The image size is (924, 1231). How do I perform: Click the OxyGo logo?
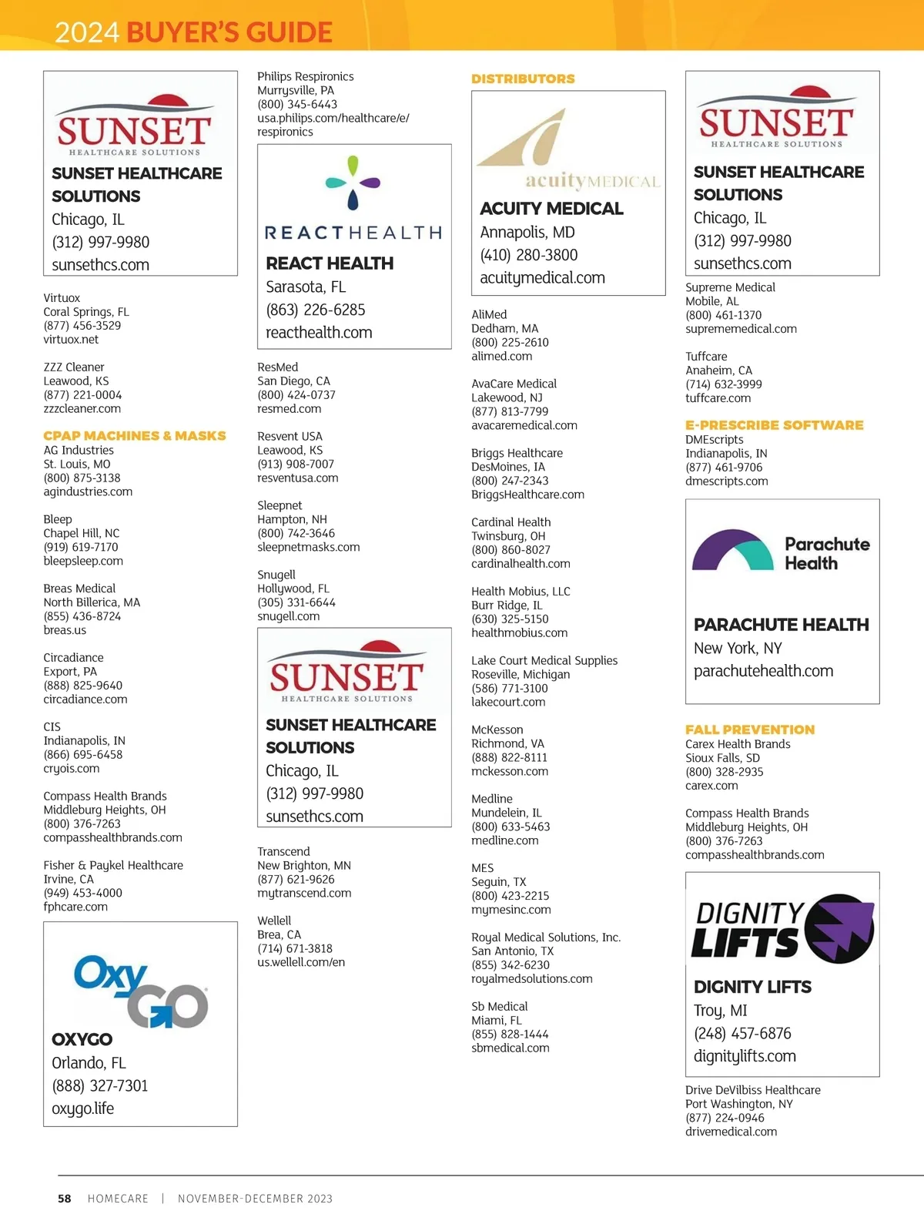140,991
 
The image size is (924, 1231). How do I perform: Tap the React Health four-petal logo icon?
353,183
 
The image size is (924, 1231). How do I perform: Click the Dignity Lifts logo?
782,929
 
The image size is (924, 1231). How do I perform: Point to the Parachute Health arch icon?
732,549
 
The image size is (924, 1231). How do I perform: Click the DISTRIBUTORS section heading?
523,79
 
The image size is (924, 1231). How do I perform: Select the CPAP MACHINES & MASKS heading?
135,436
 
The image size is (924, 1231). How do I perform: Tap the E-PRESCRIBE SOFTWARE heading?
774,425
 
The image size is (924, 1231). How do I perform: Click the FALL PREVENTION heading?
749,730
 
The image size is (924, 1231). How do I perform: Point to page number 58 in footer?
65,1199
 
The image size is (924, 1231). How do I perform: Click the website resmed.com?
289,409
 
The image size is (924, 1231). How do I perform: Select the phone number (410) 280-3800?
528,255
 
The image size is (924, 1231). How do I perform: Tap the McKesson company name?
497,730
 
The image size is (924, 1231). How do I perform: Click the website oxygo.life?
82,1109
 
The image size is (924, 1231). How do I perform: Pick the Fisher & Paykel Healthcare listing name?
113,865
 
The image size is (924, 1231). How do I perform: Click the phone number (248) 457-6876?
742,1033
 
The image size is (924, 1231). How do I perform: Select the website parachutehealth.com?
763,671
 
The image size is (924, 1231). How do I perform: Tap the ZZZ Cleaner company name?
74,367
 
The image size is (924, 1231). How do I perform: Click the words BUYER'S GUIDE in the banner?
229,32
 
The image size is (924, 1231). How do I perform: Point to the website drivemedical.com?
731,1132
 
